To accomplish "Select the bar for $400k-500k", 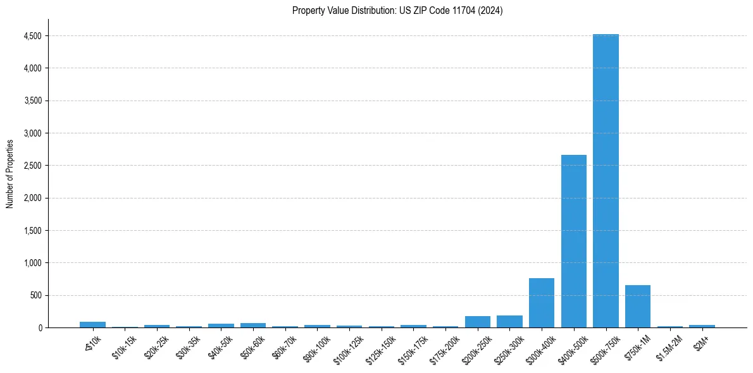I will pyautogui.click(x=574, y=241).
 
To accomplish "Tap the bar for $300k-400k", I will pyautogui.click(x=542, y=303).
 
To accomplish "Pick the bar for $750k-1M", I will pyautogui.click(x=638, y=307).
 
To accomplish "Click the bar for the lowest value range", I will pyautogui.click(x=92, y=324).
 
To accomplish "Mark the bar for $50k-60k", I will pyautogui.click(x=253, y=325).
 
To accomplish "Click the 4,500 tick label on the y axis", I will pyautogui.click(x=32, y=36).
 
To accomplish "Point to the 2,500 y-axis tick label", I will pyautogui.click(x=32, y=166).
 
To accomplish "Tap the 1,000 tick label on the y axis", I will pyautogui.click(x=32, y=263).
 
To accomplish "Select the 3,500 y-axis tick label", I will pyautogui.click(x=32, y=101).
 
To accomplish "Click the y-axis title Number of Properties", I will pyautogui.click(x=10, y=174).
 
